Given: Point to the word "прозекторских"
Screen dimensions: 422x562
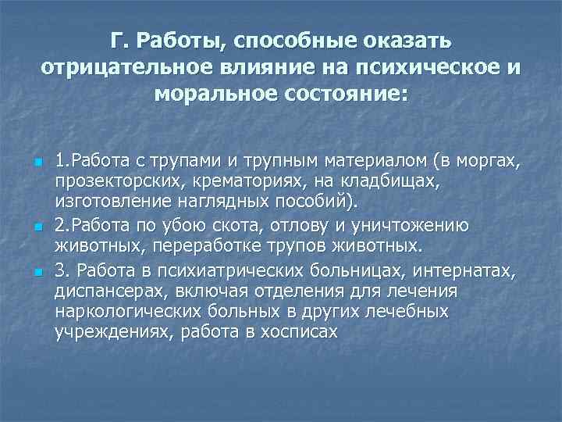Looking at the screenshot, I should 110,182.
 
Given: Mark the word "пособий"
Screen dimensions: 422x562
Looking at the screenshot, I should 319,203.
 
